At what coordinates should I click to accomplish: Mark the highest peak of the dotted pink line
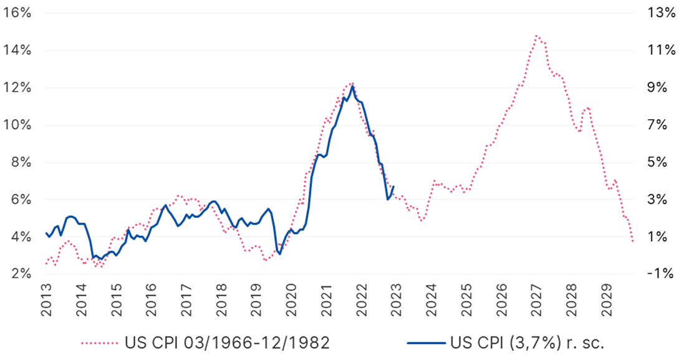[x=536, y=36]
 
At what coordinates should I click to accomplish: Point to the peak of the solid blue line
[x=352, y=85]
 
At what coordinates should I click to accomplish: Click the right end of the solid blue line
[x=393, y=186]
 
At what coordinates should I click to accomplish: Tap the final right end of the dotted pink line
[x=633, y=241]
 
